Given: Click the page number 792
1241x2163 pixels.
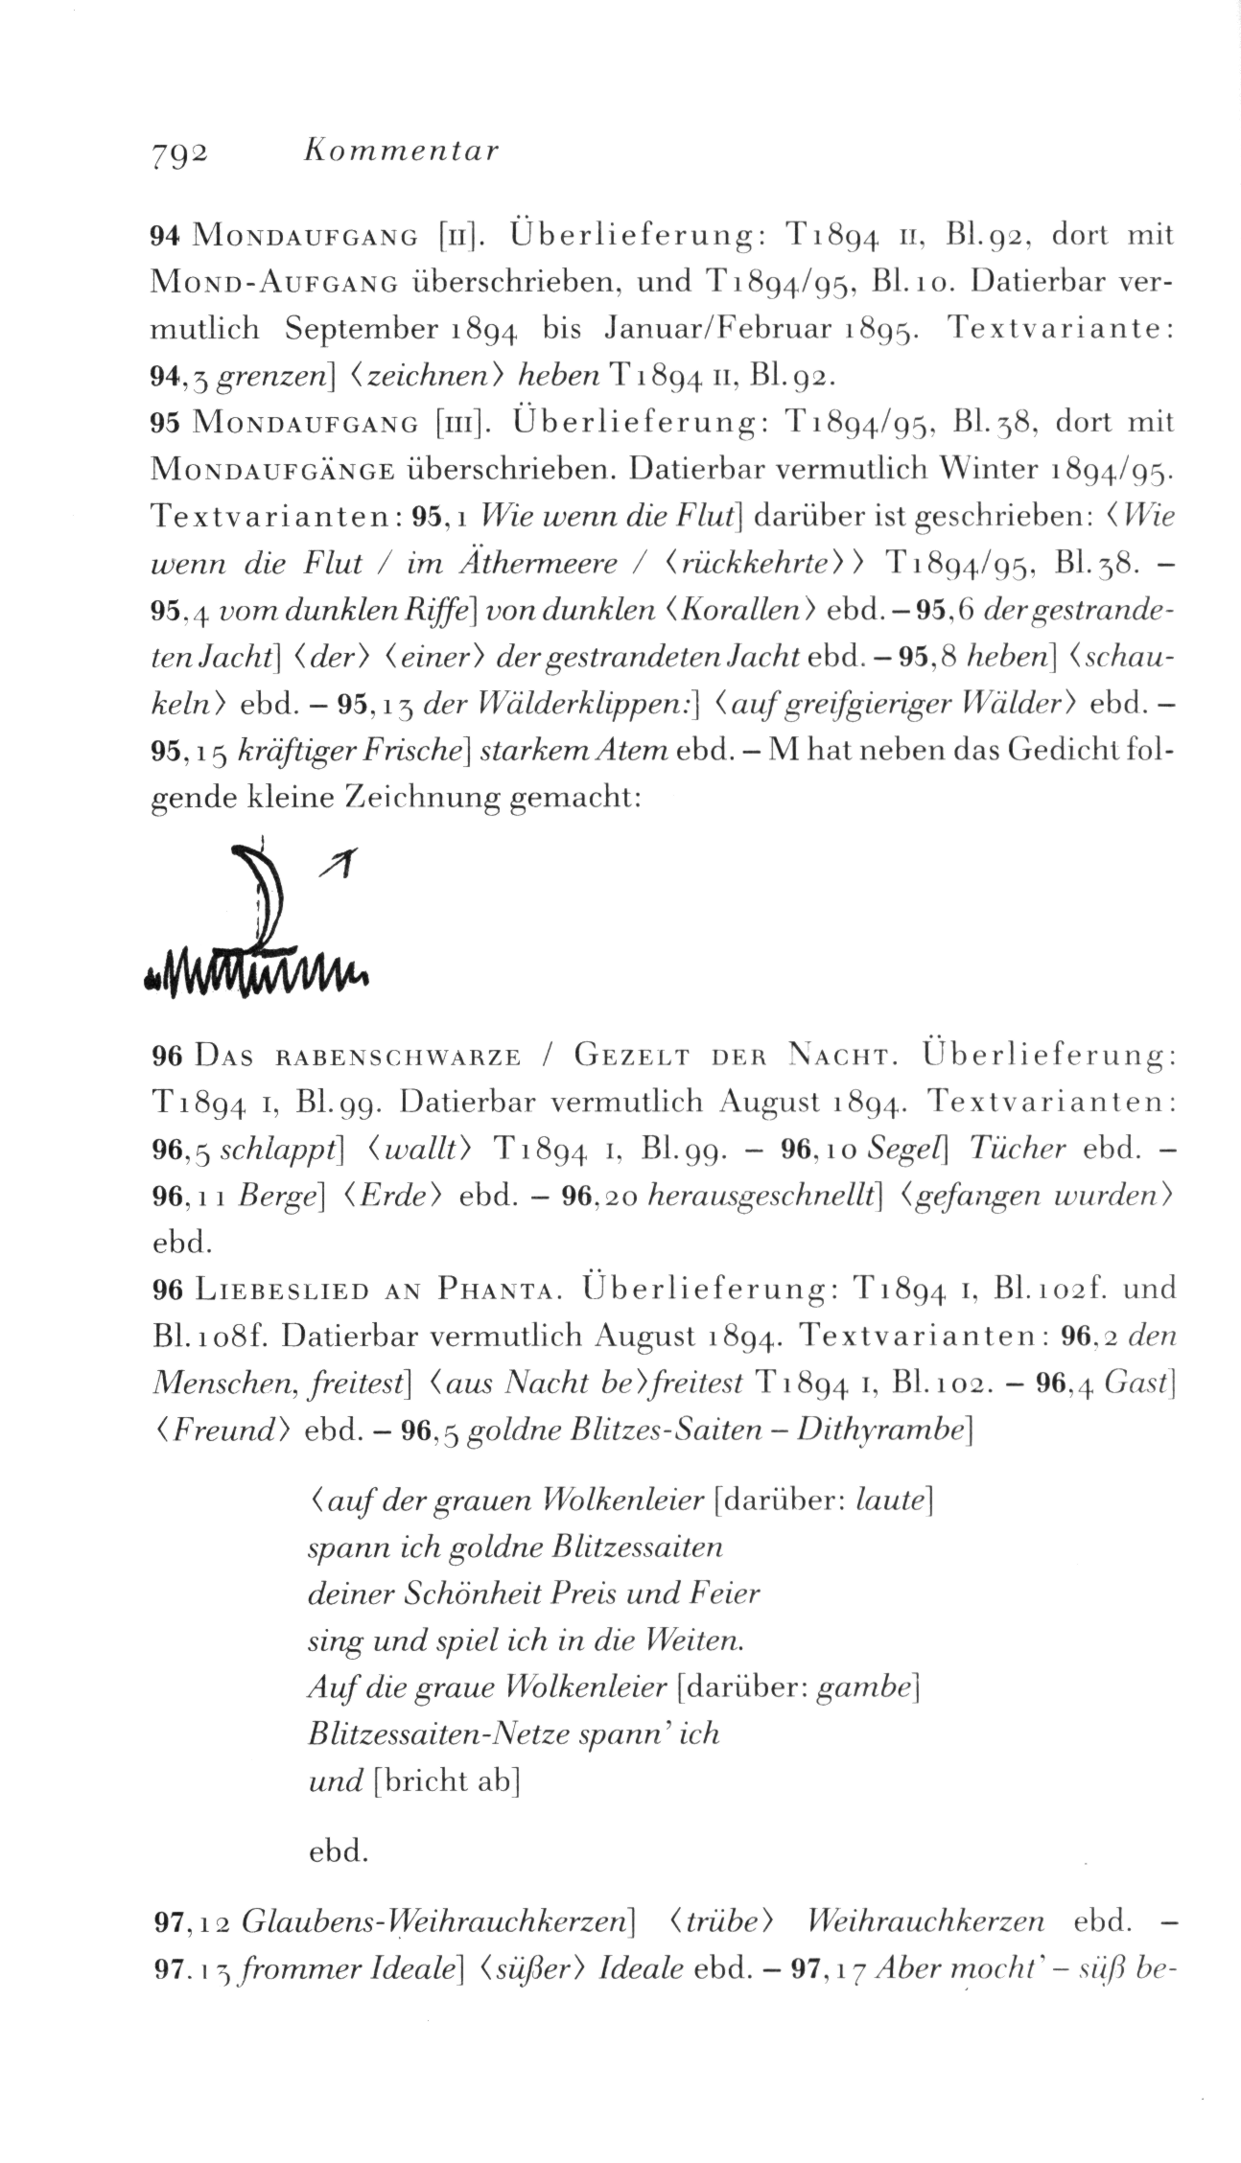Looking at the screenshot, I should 179,151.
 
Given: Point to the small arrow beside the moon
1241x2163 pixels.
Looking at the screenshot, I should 341,864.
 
